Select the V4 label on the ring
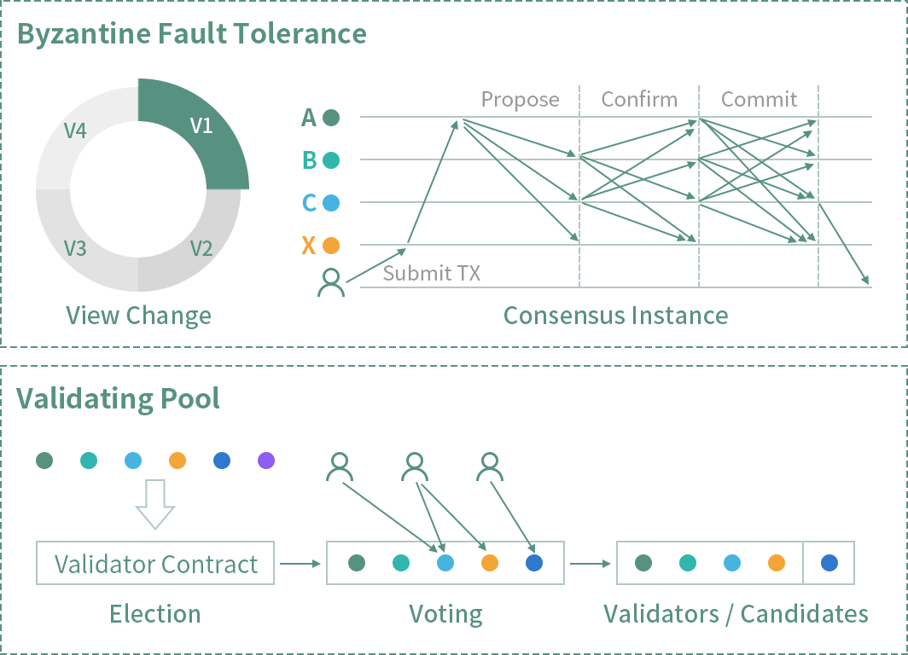tap(76, 130)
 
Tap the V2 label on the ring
tap(201, 248)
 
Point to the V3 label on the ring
tap(76, 248)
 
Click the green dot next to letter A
tap(331, 118)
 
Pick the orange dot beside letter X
tap(331, 246)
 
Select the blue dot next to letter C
tap(331, 203)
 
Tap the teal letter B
tap(309, 160)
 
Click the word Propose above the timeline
tap(520, 99)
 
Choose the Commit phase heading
tap(759, 99)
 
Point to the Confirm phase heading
tap(639, 99)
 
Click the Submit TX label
tap(432, 273)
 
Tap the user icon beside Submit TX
tap(331, 282)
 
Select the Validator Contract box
tap(155, 564)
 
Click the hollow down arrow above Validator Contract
tap(154, 504)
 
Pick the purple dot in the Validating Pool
tap(266, 461)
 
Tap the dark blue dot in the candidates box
tap(829, 563)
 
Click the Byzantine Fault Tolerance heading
tap(191, 34)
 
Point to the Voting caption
tap(445, 614)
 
